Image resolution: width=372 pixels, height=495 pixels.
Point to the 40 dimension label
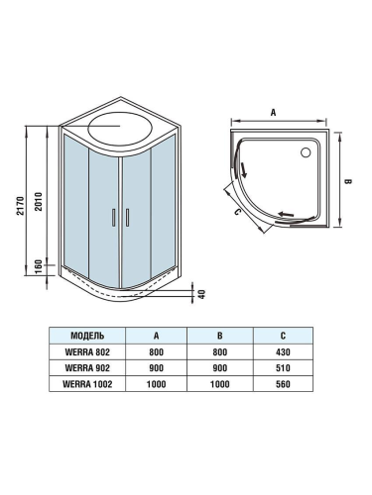pos(200,294)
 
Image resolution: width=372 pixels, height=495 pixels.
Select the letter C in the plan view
pos(238,211)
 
